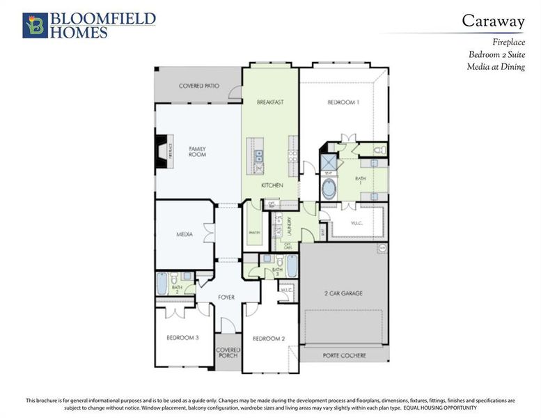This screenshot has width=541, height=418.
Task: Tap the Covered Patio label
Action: pos(199,86)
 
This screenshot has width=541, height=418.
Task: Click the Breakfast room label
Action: pos(270,102)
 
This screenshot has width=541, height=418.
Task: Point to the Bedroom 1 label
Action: pos(343,102)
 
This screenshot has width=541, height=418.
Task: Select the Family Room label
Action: pos(198,151)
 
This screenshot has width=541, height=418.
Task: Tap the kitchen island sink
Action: pos(258,155)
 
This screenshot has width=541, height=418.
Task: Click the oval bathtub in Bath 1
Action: pos(328,189)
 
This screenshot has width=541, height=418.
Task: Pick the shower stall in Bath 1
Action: pos(328,162)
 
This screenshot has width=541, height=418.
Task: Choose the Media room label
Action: pos(184,235)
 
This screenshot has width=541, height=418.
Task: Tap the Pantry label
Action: pos(254,230)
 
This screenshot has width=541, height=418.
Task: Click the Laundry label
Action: pos(290,224)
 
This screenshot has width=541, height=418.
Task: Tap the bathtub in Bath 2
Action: pos(162,284)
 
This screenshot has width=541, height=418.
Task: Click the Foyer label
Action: pos(226,297)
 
